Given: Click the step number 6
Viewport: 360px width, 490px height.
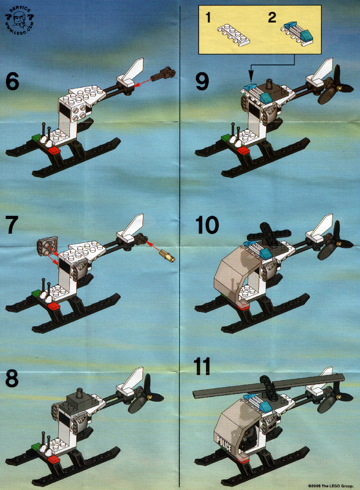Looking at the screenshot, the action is tap(12, 82).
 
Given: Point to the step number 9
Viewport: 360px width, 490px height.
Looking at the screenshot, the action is tap(202, 82).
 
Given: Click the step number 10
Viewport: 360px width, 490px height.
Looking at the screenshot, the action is tap(207, 225).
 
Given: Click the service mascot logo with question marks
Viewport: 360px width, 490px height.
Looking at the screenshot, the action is tap(19, 20).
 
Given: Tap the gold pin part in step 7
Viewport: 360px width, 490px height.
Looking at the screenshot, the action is tap(167, 256).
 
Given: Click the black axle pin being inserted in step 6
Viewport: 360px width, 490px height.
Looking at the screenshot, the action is tap(164, 74).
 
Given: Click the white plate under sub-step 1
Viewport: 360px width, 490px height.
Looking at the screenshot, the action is tap(234, 35).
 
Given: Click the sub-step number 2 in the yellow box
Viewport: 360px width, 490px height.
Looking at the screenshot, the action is tap(272, 17).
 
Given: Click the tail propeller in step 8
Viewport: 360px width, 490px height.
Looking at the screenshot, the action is tap(145, 396).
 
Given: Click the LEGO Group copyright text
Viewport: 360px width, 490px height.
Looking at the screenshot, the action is tap(331, 486).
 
